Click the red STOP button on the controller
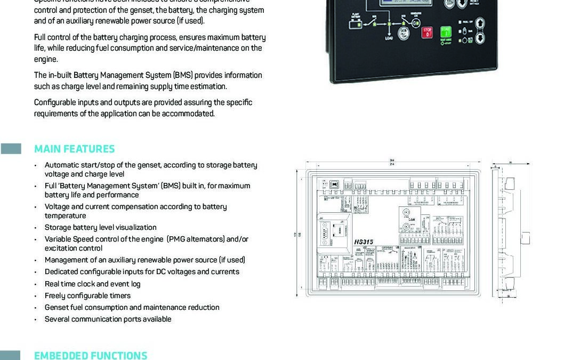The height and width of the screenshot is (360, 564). point(426,32)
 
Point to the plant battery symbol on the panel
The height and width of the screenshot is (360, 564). point(355,22)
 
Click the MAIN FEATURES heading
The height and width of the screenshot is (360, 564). point(74,149)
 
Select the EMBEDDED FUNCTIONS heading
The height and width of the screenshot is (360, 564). point(90,355)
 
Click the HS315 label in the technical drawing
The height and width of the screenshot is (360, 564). point(364,242)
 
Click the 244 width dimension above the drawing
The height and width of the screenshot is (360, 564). point(392,160)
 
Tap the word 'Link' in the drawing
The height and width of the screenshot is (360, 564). point(411,219)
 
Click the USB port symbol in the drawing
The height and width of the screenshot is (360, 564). point(335,184)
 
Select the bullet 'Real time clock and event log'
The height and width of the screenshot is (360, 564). point(92,284)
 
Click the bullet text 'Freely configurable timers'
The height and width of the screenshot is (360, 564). point(87,295)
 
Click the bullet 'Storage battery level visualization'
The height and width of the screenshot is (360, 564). point(100,227)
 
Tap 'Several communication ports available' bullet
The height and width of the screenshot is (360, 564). point(108,319)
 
